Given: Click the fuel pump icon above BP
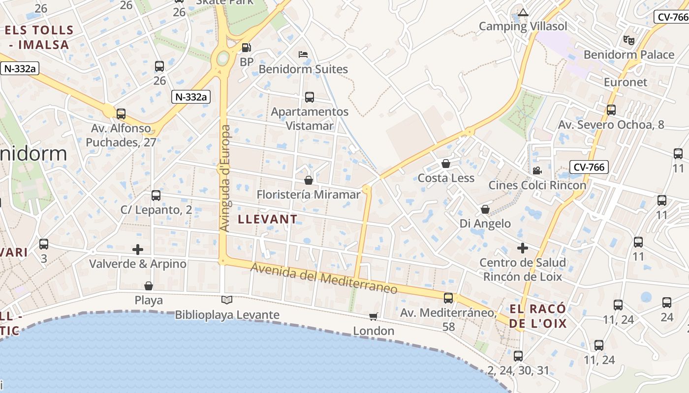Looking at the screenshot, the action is (246, 48).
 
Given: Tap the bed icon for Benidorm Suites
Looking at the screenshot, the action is (303, 54).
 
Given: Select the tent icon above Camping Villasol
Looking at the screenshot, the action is (523, 12).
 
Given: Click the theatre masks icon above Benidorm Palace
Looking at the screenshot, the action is (628, 40).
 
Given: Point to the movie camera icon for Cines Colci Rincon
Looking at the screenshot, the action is (537, 170).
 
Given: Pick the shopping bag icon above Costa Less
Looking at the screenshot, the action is (446, 163).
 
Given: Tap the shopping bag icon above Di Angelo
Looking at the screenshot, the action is (485, 209).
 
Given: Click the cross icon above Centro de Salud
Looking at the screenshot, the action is (523, 248).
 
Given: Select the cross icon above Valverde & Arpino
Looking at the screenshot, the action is (138, 250).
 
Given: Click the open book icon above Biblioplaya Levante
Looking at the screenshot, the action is (227, 300).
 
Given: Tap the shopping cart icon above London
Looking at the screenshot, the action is (374, 316).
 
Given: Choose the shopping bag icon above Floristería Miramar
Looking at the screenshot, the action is (309, 180).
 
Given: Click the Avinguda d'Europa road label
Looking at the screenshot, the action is (225, 178).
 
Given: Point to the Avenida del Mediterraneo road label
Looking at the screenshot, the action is (324, 279).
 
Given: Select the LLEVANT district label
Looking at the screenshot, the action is (268, 219).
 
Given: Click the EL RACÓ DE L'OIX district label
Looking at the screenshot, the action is (537, 316).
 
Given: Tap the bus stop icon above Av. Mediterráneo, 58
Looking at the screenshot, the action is (448, 298).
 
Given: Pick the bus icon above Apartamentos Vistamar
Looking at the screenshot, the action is (310, 97).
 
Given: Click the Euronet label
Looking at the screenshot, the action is (626, 82).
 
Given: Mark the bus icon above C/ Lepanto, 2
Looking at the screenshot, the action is (156, 195).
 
